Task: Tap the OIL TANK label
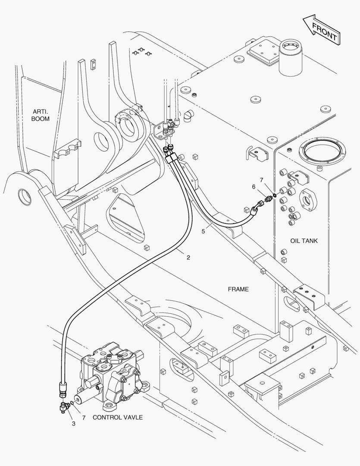[x=304, y=241]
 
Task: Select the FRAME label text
[x=238, y=289]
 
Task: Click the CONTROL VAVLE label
[x=117, y=417]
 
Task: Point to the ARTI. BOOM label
[x=41, y=115]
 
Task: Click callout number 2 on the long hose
[x=188, y=258]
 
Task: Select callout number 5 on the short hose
[x=203, y=231]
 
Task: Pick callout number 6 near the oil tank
[x=254, y=186]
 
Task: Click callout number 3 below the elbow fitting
[x=73, y=424]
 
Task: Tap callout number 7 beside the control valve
[x=84, y=418]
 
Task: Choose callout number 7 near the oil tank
[x=261, y=179]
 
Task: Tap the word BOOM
[x=41, y=119]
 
